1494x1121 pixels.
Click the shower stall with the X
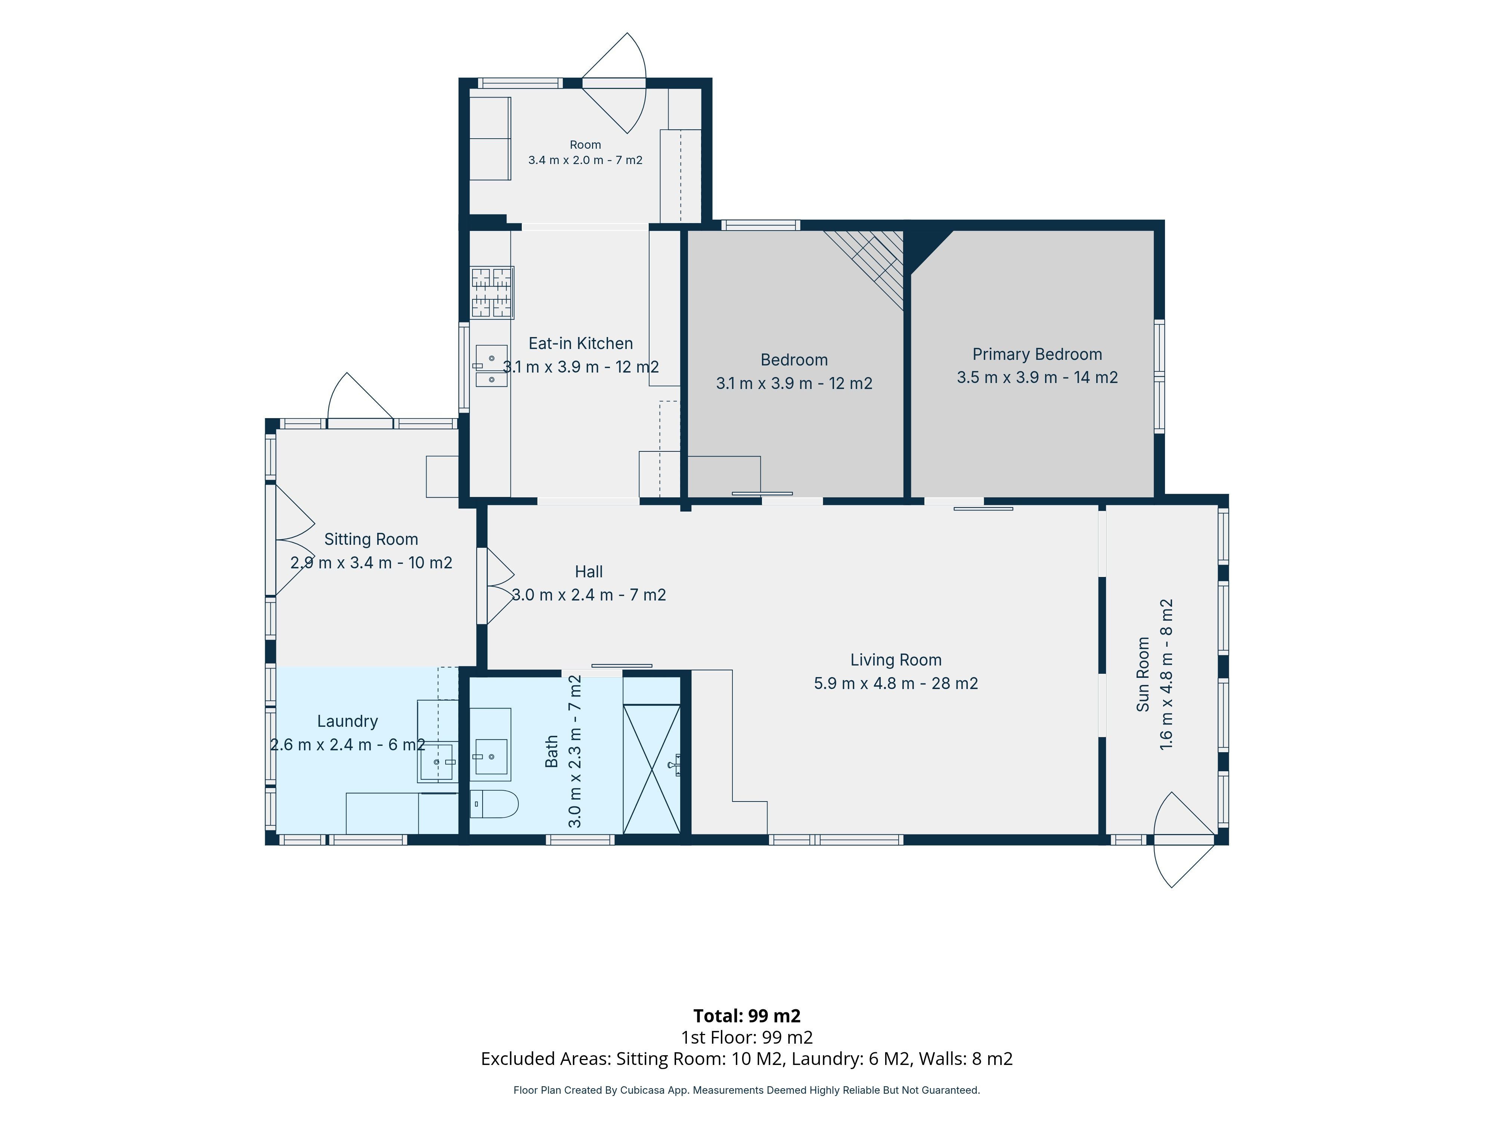point(652,769)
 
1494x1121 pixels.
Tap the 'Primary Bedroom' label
point(1037,354)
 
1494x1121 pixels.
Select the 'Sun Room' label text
point(1143,674)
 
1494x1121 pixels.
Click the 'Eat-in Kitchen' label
point(580,343)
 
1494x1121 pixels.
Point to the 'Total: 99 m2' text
point(747,1016)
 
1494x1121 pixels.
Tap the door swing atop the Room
point(614,83)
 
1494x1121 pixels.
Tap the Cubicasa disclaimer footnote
point(746,1090)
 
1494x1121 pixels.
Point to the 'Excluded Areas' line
point(746,1059)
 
